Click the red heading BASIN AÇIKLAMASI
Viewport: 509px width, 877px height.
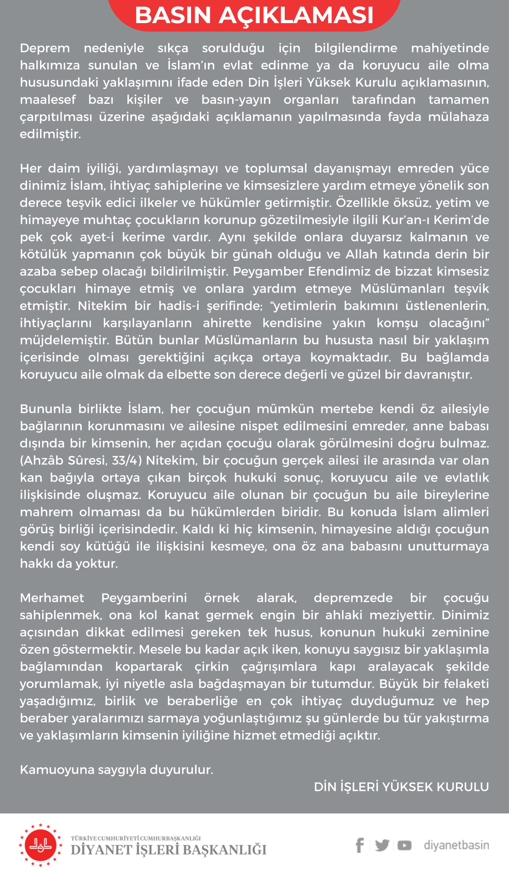(x=254, y=15)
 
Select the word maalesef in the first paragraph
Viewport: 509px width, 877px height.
(x=48, y=100)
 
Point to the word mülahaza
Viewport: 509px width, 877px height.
(x=458, y=117)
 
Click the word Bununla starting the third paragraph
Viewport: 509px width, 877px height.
(x=46, y=409)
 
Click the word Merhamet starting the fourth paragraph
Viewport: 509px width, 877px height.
(x=52, y=598)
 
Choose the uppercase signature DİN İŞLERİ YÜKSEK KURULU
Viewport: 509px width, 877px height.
(x=401, y=787)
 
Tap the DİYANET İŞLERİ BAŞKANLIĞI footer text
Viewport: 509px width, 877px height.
(x=169, y=850)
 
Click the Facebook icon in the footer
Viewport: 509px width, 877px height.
(x=360, y=845)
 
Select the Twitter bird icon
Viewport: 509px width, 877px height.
(x=382, y=845)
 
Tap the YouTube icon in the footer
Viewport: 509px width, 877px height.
(x=404, y=845)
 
